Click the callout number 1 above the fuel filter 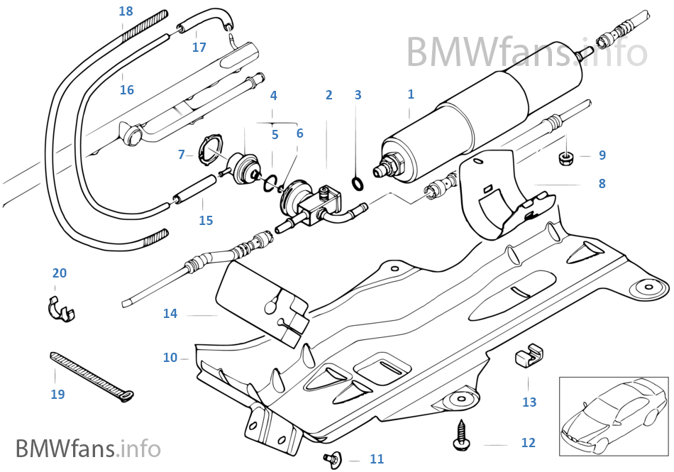410,94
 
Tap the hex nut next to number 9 566,155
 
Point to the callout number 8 602,184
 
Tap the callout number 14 170,314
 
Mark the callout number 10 170,358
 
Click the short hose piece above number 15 194,191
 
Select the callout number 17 199,48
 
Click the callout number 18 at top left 126,11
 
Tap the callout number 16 126,90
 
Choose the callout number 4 273,96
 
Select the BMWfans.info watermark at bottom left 88,449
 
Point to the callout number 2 328,95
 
